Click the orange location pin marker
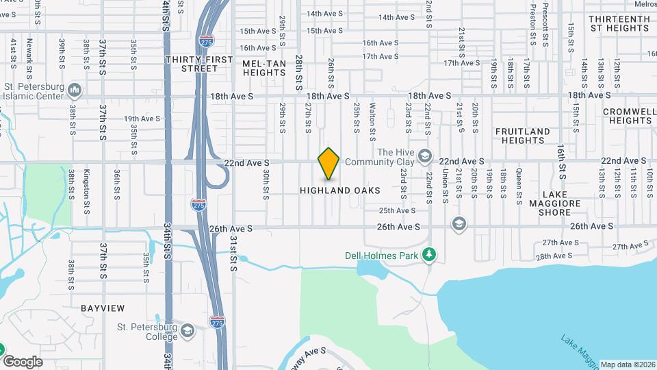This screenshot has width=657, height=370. tap(329, 164)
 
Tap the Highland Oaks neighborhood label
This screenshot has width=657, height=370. tap(340, 190)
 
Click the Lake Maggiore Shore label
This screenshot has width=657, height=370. tap(554, 208)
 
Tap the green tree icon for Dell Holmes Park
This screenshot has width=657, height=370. tap(429, 255)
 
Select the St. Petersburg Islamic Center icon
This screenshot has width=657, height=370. tap(75, 90)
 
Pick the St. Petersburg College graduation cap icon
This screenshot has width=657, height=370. tap(187, 332)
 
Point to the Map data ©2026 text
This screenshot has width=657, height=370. tap(627, 365)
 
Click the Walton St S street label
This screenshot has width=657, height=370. tap(372, 118)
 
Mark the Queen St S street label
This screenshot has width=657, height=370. tap(519, 184)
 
